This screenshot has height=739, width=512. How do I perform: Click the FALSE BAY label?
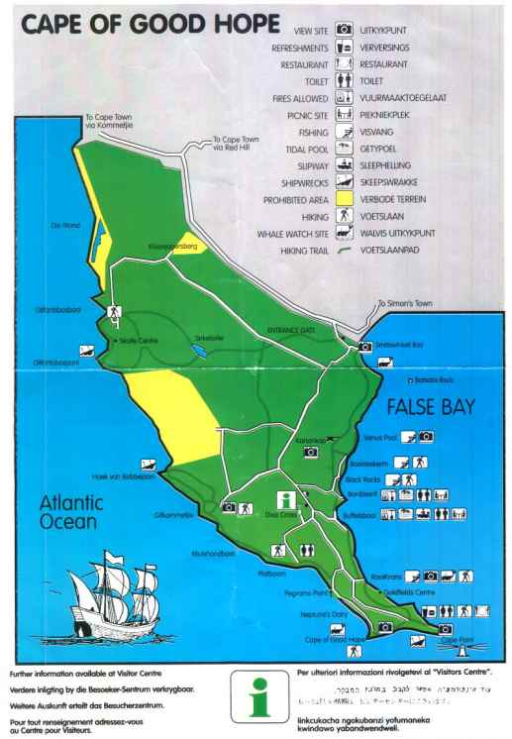[x=432, y=407]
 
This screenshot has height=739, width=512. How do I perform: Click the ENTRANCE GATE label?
[x=291, y=331]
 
